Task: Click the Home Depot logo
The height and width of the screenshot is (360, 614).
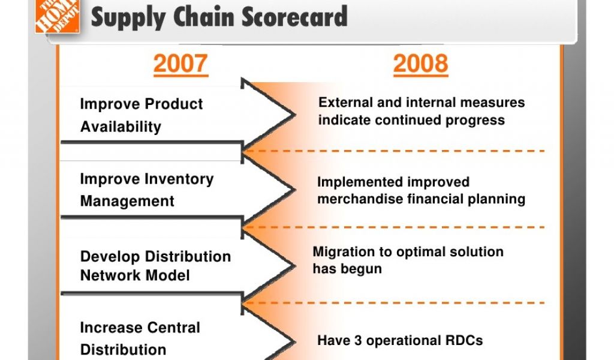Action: [58, 16]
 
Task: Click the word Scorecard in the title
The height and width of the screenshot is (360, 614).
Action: [294, 16]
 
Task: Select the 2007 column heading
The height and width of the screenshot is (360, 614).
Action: [180, 64]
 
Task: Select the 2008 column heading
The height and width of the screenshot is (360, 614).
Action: [420, 64]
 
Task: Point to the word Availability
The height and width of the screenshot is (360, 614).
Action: [121, 127]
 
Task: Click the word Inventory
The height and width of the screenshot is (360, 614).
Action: [179, 179]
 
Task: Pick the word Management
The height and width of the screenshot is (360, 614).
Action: [127, 202]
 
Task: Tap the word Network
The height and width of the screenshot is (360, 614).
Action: [104, 275]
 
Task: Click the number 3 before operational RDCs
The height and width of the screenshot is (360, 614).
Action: [358, 340]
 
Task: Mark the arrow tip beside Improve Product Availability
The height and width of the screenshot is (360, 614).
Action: [294, 115]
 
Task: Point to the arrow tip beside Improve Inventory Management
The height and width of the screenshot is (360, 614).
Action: [294, 190]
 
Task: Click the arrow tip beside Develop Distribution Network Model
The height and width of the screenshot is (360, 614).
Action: [294, 266]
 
